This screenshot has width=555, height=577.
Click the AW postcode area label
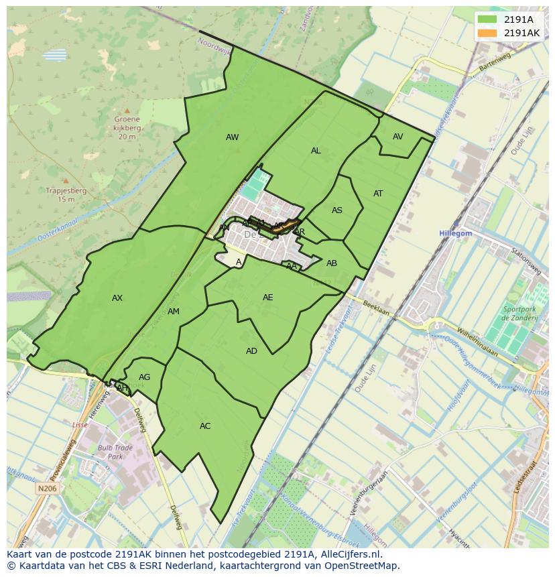(232, 137)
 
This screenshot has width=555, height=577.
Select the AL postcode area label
(316, 151)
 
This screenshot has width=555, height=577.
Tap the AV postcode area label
(398, 137)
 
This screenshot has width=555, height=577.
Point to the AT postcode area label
(378, 194)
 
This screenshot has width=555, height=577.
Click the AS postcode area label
(337, 210)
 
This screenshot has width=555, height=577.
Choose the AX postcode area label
(117, 298)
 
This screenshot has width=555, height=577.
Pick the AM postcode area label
(174, 312)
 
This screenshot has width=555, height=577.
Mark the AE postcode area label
(268, 298)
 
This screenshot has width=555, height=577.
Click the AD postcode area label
(251, 351)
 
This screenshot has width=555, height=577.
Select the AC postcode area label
(205, 426)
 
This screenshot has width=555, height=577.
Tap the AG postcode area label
(144, 377)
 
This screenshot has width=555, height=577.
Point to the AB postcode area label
(332, 263)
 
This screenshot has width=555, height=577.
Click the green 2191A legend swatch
(487, 19)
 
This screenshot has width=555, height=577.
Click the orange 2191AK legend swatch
(487, 33)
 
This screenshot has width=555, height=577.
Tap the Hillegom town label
(456, 233)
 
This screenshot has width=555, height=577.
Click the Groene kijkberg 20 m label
(127, 128)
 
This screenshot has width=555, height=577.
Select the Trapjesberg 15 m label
(66, 194)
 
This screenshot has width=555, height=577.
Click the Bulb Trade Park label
(115, 452)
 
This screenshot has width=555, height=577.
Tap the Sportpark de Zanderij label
(520, 314)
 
